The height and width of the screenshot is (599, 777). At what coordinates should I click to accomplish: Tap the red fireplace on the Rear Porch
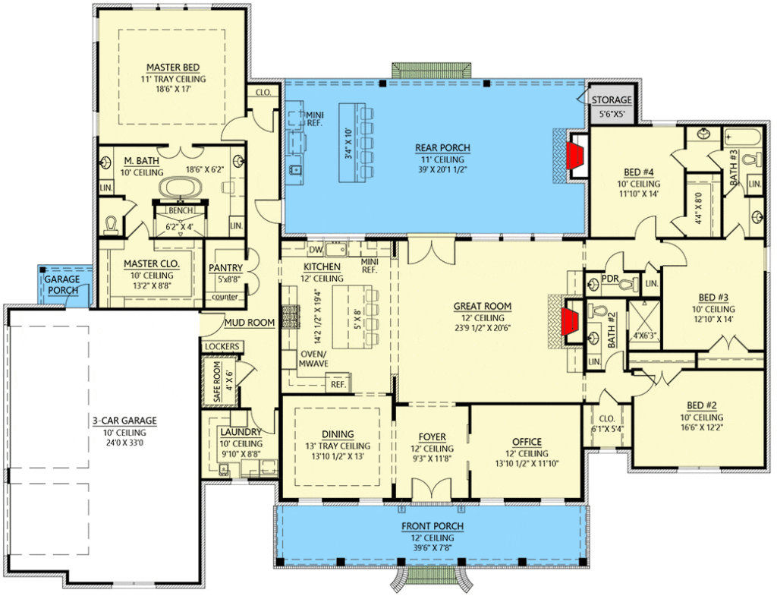pos(576,155)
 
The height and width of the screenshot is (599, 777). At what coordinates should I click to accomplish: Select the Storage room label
pos(612,99)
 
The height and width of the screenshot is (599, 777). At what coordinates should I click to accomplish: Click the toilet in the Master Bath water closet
pos(112,225)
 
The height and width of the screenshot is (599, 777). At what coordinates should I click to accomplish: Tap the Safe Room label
pos(217,382)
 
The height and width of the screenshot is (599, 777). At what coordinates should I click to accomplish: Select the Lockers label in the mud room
pos(222,347)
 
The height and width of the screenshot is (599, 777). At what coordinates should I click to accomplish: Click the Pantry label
pos(225,268)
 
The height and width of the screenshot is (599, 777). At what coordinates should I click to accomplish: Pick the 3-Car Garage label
pos(124,421)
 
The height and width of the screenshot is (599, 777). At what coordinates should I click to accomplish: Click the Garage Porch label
pos(62,285)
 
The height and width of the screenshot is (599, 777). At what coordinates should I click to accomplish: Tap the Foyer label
pos(432,437)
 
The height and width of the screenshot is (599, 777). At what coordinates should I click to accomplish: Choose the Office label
pos(527,442)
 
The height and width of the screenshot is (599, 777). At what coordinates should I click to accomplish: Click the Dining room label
pos(338,434)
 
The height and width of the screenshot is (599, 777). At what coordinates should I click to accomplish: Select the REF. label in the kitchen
pos(338,384)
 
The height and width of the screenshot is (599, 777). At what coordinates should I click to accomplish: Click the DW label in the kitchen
pos(316,250)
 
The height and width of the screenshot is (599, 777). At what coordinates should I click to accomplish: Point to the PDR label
pos(610,279)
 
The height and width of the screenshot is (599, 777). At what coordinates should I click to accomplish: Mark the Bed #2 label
pos(702,405)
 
